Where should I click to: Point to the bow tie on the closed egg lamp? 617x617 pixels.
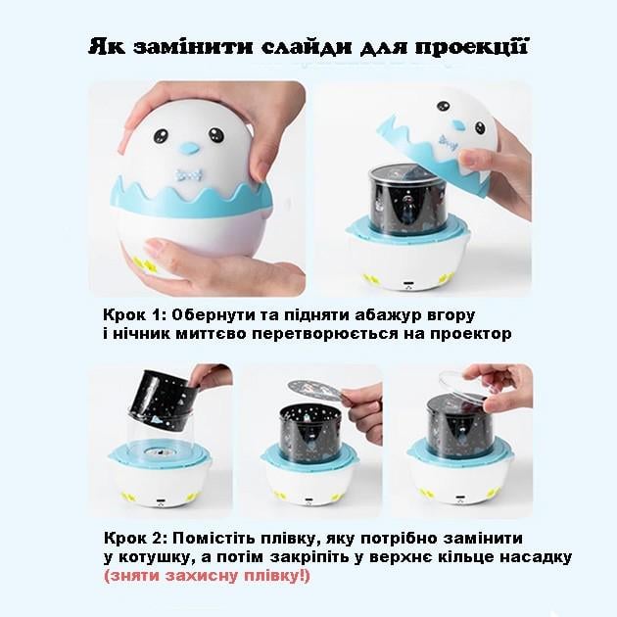(190, 174)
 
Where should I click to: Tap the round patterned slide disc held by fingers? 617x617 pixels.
(313, 391)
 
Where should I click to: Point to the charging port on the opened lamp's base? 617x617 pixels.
(408, 284)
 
